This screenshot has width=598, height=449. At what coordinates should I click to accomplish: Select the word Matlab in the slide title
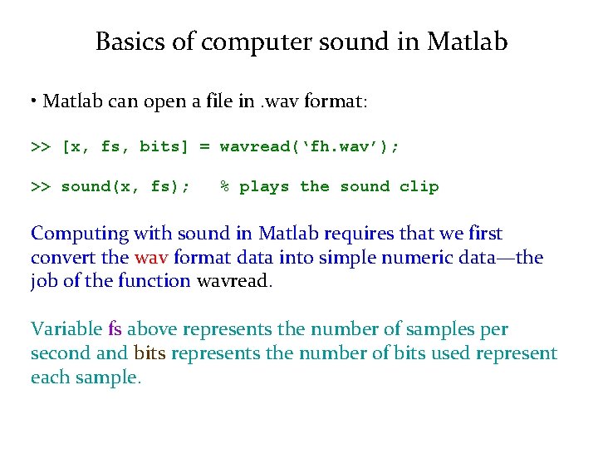coord(468,42)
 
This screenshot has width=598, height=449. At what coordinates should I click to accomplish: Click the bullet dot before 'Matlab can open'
coord(35,101)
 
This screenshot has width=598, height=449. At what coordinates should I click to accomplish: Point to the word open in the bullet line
coord(208,102)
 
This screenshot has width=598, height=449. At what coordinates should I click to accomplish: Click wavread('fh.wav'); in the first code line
coord(309,146)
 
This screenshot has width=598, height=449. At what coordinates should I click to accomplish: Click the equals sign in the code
coord(204,146)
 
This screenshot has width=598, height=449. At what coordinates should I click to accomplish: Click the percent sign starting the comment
coord(224,186)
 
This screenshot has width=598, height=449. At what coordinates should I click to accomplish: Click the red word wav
coord(151,257)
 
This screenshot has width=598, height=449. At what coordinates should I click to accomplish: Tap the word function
coord(154,280)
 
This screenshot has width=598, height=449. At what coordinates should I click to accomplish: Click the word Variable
coord(66,329)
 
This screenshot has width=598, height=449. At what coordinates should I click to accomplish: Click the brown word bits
coord(149,353)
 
